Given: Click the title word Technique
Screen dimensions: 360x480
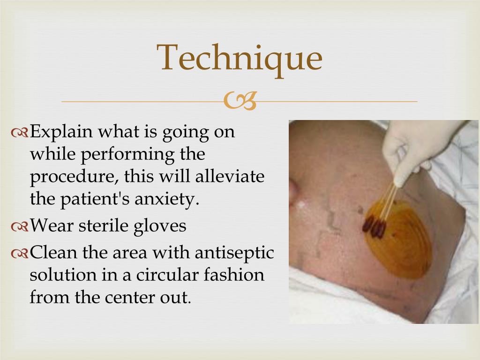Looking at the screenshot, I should click(240, 59).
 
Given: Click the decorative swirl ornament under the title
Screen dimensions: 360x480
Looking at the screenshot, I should click(240, 101).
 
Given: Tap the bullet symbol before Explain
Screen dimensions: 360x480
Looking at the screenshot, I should click(20, 133).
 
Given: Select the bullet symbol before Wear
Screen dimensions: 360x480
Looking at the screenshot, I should click(20, 227).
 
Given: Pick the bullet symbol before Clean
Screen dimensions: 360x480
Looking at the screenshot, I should click(20, 253).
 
